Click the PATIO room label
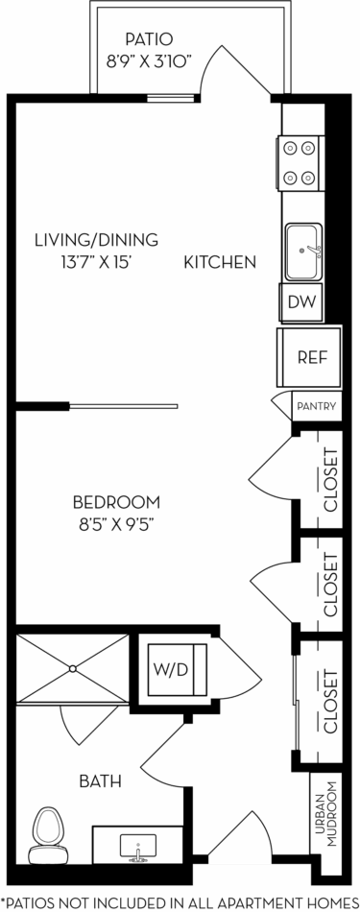[x=148, y=39]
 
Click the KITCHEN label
[x=219, y=261]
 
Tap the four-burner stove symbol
[x=299, y=162]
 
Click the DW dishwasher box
[x=300, y=303]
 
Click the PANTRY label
[x=316, y=406]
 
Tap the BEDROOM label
[x=116, y=502]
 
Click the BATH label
[x=101, y=781]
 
